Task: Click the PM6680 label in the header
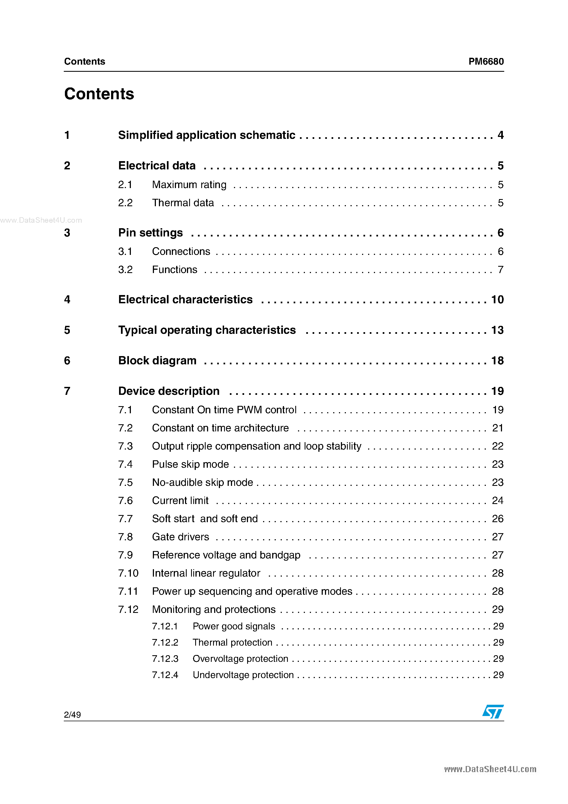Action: pyautogui.click(x=486, y=61)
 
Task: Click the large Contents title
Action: pyautogui.click(x=99, y=94)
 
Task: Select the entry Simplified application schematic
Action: pyautogui.click(x=207, y=135)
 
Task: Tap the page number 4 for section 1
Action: pyautogui.click(x=500, y=135)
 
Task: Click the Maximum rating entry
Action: pyautogui.click(x=189, y=185)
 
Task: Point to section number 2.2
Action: pyautogui.click(x=125, y=203)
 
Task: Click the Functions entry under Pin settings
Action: pyautogui.click(x=174, y=270)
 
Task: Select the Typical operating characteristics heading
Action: pyautogui.click(x=207, y=330)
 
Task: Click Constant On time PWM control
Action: pyautogui.click(x=224, y=410)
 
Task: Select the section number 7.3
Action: pyautogui.click(x=125, y=446)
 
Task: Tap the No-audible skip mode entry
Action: pyautogui.click(x=202, y=483)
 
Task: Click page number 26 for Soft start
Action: pyautogui.click(x=497, y=519)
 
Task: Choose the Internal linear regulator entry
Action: pyautogui.click(x=206, y=573)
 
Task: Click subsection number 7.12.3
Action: pyautogui.click(x=165, y=659)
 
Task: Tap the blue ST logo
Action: pyautogui.click(x=493, y=712)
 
